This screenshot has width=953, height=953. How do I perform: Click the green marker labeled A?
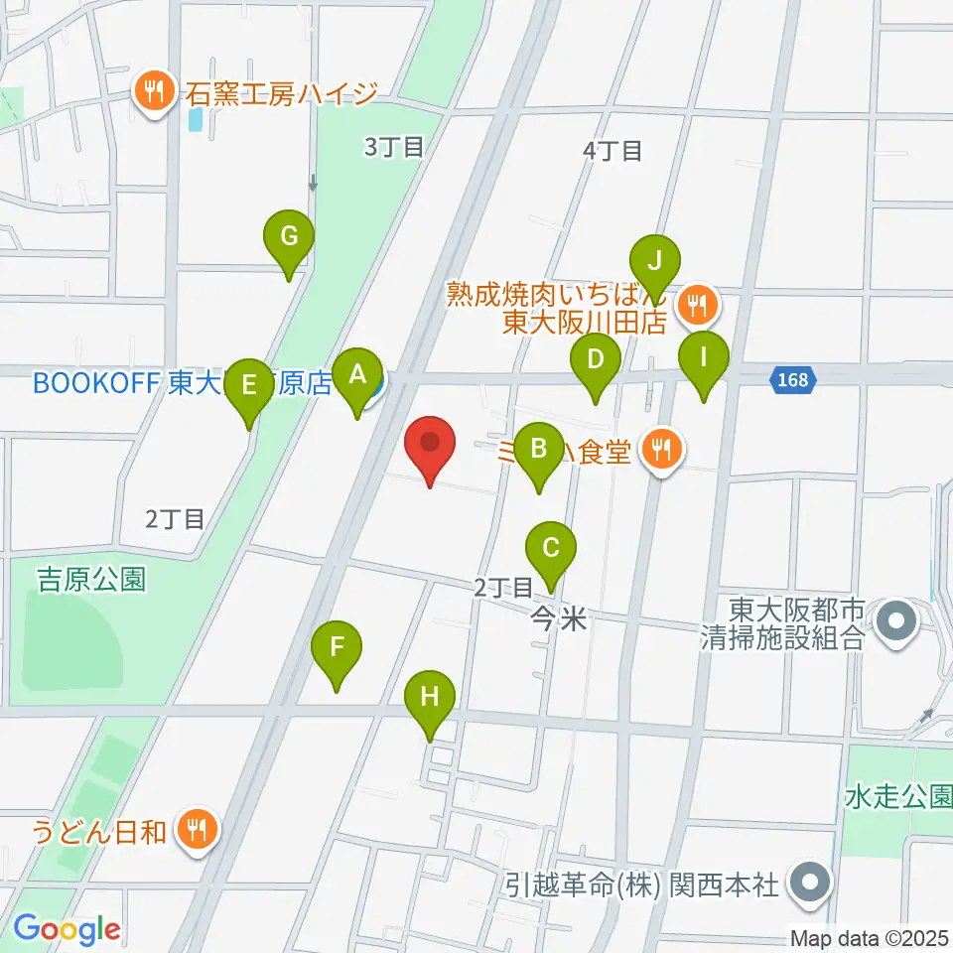[x=358, y=375]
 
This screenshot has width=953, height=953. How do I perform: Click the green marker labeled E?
[x=249, y=384]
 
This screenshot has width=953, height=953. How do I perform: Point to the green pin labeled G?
[x=289, y=237]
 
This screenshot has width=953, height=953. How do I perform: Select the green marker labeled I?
[x=704, y=356]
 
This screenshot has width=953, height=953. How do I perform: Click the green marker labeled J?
[x=654, y=262]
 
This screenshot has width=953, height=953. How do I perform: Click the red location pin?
[x=431, y=443]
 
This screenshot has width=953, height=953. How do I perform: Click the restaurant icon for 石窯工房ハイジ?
[x=153, y=91]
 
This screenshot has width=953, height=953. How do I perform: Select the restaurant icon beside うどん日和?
[x=196, y=830]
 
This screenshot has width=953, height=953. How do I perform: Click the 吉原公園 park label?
[x=91, y=579]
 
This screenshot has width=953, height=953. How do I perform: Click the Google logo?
[x=67, y=929]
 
